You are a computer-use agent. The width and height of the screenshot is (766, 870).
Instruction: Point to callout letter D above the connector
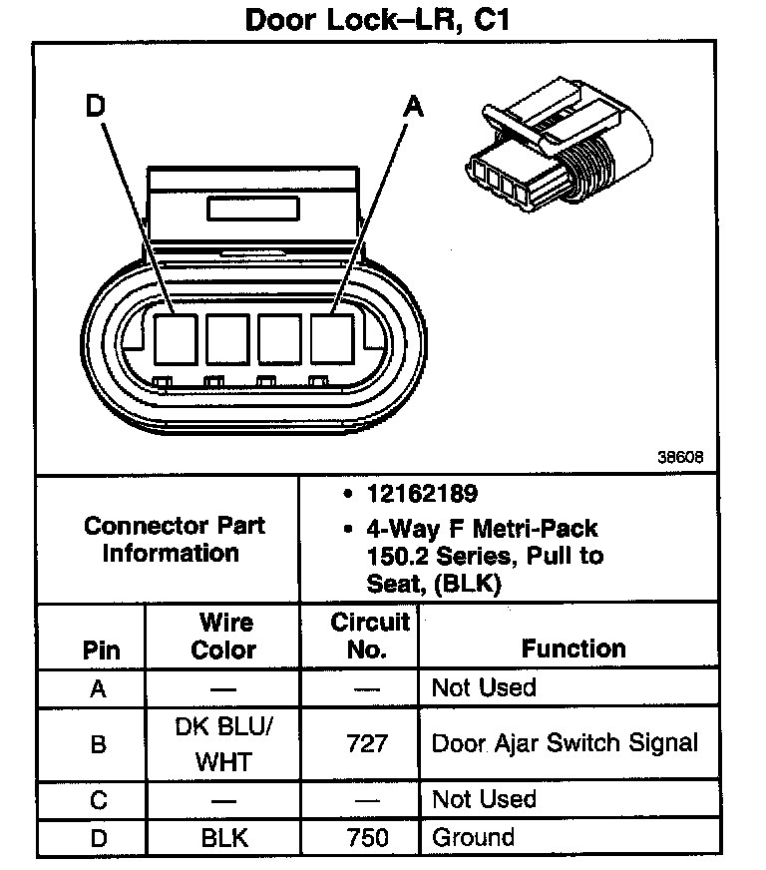[96, 107]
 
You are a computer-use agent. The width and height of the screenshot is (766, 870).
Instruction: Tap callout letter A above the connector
[412, 107]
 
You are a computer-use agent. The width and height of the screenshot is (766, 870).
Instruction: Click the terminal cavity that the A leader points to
[334, 338]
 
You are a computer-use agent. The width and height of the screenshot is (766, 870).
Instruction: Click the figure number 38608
[681, 458]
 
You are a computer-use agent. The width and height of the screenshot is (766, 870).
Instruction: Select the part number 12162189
[422, 494]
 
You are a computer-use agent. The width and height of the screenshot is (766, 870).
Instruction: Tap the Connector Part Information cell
[175, 539]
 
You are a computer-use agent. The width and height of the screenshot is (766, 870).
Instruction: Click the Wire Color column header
[224, 637]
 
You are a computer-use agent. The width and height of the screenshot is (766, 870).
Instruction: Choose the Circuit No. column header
[370, 637]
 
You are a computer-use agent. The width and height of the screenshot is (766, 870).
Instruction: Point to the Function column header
[574, 649]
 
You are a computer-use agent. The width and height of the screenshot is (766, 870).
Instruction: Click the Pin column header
[101, 651]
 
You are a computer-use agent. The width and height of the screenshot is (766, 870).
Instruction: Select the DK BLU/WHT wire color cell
[223, 744]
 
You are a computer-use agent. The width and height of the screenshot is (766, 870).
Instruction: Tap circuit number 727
[368, 744]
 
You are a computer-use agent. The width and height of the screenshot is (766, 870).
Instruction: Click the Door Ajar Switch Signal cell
[565, 743]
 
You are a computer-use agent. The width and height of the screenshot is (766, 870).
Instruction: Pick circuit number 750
[368, 838]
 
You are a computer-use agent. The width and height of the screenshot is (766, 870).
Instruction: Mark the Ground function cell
[473, 838]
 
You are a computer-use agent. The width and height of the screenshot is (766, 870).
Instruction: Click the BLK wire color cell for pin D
[223, 838]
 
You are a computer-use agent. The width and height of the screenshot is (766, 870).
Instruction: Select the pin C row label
[98, 800]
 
